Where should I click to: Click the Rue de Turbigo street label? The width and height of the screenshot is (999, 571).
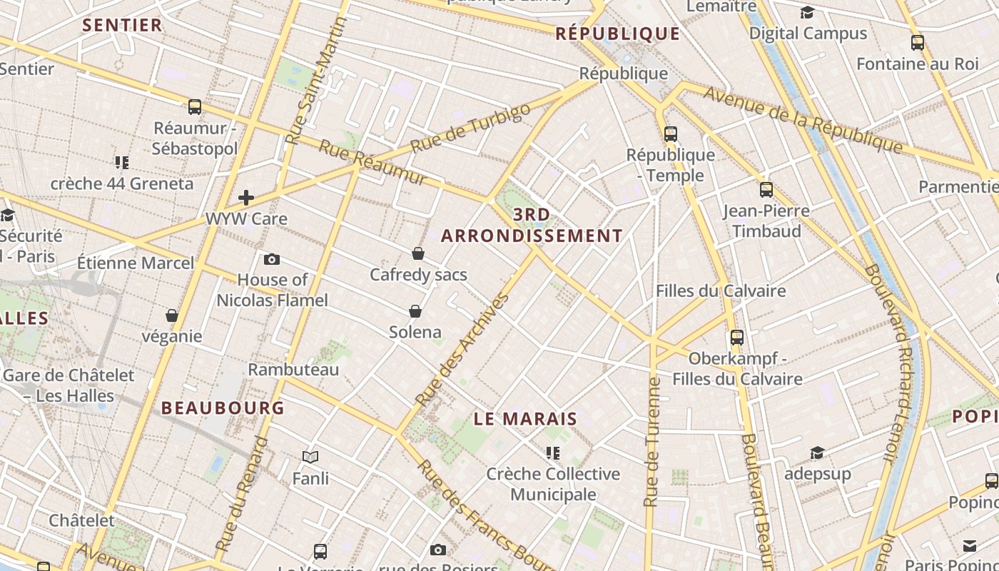(x=472, y=128)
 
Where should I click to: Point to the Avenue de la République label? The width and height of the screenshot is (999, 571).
(x=803, y=119)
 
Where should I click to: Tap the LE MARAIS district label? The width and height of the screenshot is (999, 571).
(x=525, y=419)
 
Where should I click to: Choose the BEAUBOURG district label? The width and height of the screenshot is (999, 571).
(x=223, y=408)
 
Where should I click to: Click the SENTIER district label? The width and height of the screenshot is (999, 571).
(x=122, y=26)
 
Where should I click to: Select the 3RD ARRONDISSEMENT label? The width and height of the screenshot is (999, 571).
(x=532, y=226)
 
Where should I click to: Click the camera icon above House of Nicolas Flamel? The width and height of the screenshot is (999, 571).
(x=272, y=259)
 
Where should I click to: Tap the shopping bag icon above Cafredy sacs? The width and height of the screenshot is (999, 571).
(x=418, y=253)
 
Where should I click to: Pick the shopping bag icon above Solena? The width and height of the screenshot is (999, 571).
(x=415, y=311)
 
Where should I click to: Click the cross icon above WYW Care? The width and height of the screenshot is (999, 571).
(x=246, y=197)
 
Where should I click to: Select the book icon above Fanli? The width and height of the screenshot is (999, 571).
(x=310, y=457)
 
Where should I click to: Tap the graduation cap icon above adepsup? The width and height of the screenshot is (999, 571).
(x=817, y=453)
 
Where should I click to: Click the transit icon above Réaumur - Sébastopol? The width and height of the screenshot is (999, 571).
(x=195, y=107)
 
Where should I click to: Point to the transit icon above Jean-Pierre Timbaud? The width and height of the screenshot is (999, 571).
(x=766, y=190)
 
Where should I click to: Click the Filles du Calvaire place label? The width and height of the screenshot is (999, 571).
(x=721, y=291)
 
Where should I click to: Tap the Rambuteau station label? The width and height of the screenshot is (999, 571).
(x=293, y=370)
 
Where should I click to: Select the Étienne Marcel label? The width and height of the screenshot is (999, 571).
(x=136, y=263)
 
